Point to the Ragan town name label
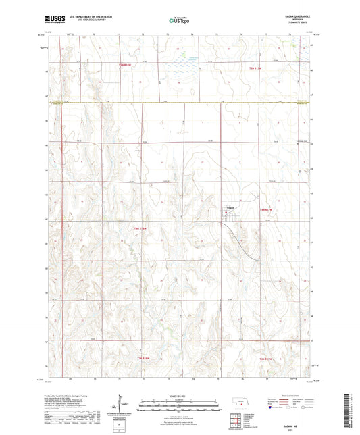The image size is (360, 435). (230, 207)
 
